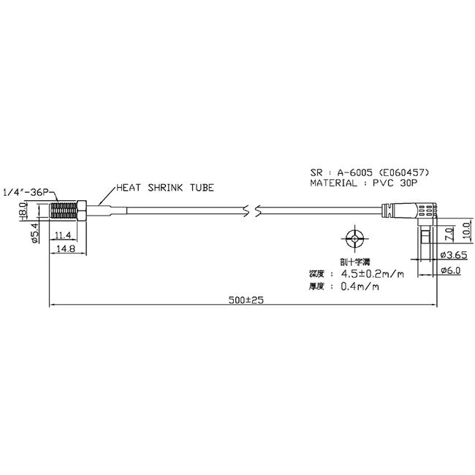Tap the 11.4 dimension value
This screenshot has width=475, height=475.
62,235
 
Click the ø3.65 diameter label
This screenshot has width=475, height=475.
455,255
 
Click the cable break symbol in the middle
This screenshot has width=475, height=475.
255,211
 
